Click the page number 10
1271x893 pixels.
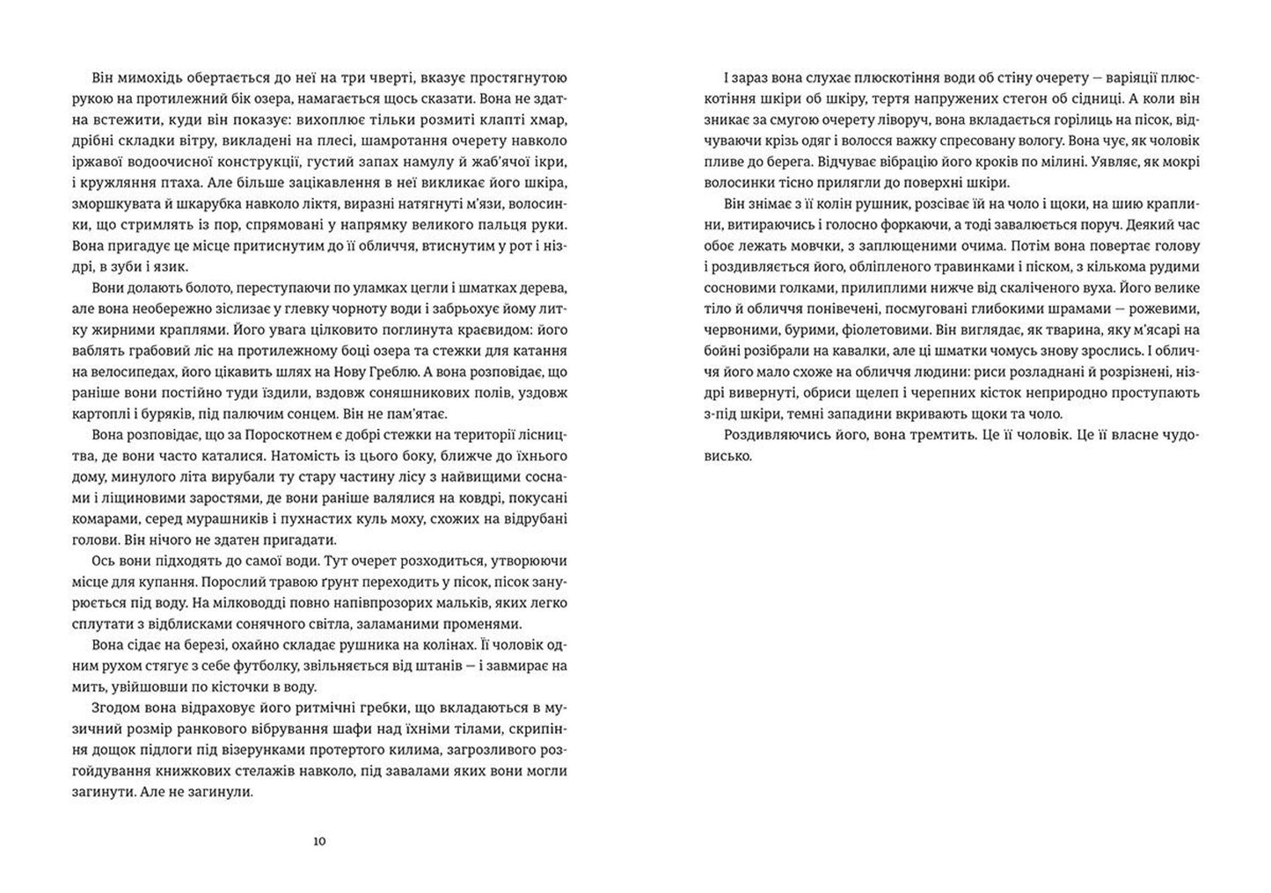click(x=319, y=842)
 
